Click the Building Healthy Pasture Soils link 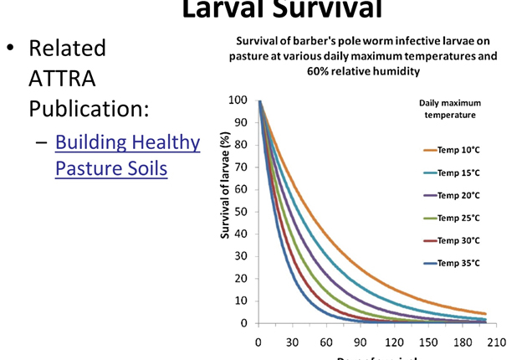(127, 155)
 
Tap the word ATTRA (63, 79)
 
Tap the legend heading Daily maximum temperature (450, 109)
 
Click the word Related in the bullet (67, 48)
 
